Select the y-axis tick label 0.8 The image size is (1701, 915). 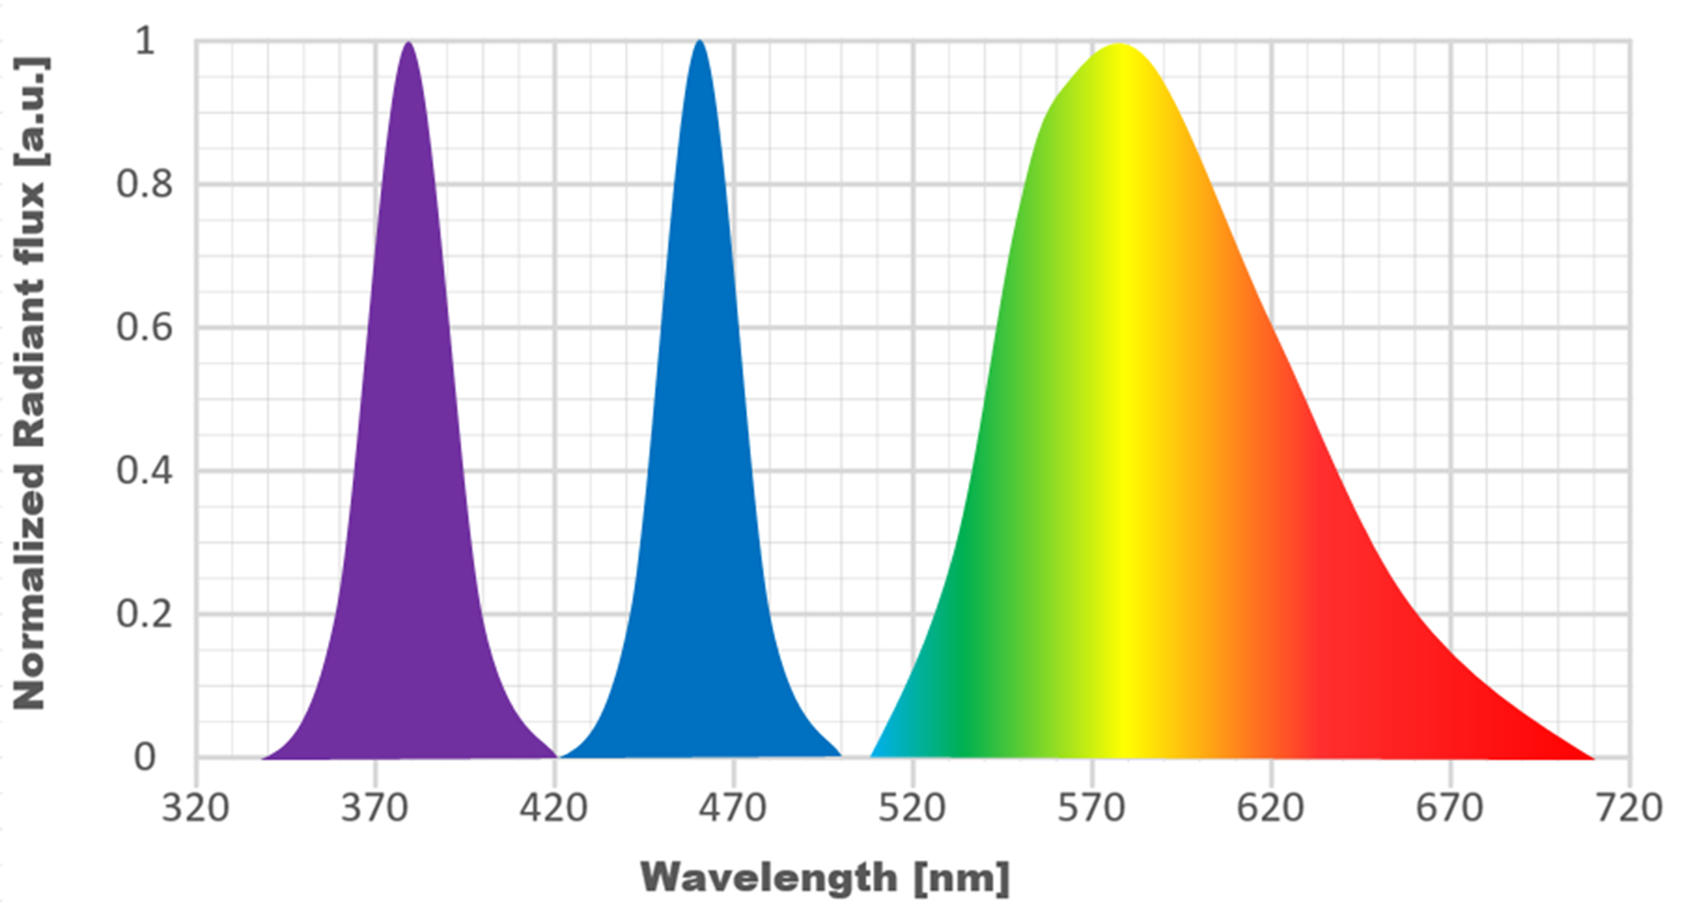(145, 184)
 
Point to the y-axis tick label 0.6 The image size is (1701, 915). (145, 328)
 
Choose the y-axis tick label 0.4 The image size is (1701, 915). (145, 471)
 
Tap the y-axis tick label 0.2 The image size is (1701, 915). (145, 614)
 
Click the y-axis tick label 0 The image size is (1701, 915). (145, 757)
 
